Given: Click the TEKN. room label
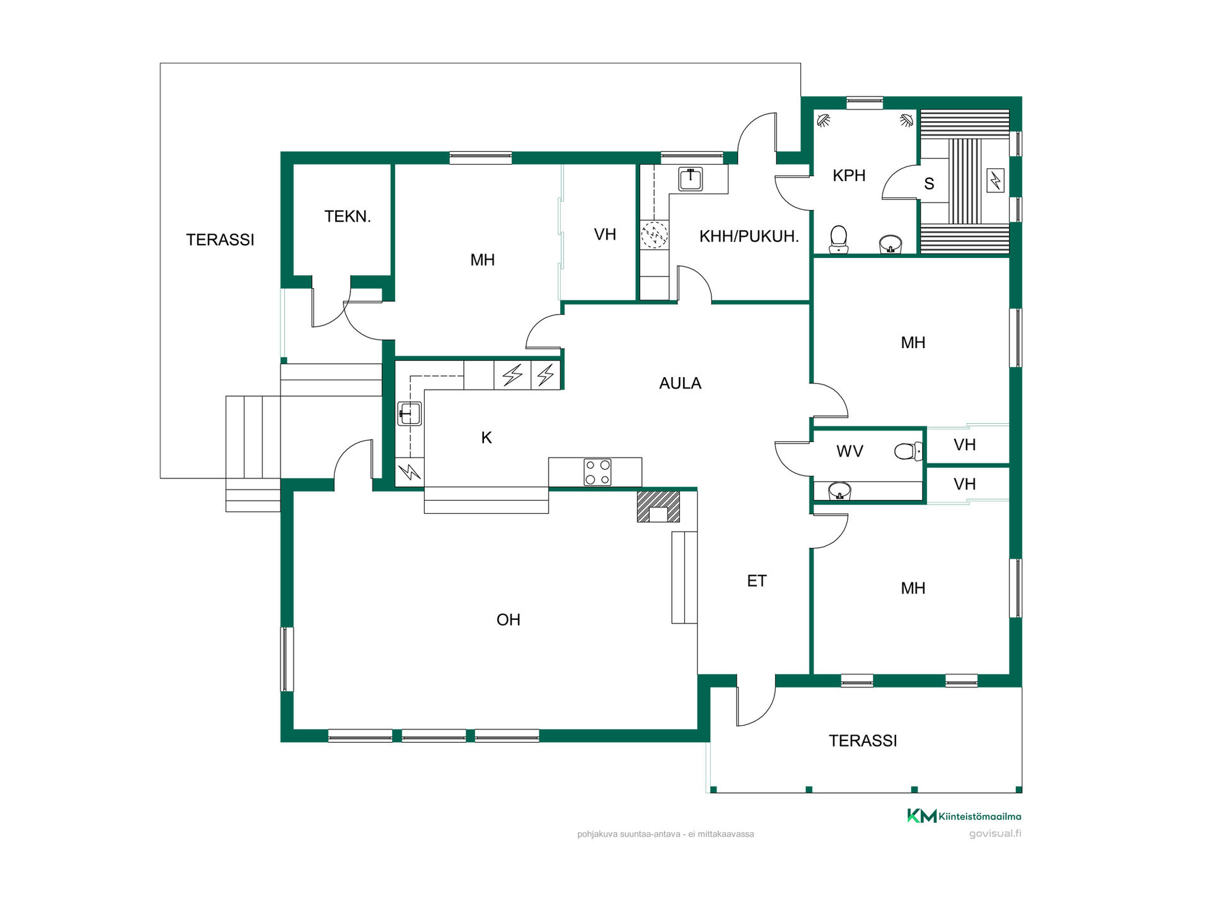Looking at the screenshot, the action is [347, 216].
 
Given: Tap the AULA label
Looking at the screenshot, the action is [680, 383].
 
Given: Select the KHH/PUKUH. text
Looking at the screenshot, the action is [749, 236].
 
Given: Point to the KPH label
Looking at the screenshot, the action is [849, 175].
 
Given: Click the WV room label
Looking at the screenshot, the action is [850, 451].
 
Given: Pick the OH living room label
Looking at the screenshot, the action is [508, 620].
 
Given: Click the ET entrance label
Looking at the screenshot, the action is [757, 581].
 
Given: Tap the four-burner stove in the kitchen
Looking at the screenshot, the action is [597, 472].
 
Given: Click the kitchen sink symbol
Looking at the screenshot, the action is [410, 414].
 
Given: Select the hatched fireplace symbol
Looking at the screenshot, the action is [659, 506].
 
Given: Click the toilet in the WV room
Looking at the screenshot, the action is [908, 451].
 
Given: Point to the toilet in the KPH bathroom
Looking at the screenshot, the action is [838, 240].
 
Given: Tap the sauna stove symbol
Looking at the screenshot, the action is [996, 181].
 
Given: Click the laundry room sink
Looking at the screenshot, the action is [691, 179].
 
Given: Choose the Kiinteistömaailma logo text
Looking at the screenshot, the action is [979, 817].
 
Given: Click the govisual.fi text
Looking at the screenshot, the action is [995, 834].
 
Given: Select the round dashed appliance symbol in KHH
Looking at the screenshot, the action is [654, 235].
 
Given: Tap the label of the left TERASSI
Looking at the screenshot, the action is [220, 240].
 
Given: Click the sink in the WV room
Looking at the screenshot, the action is [839, 491].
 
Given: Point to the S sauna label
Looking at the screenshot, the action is [929, 184].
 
